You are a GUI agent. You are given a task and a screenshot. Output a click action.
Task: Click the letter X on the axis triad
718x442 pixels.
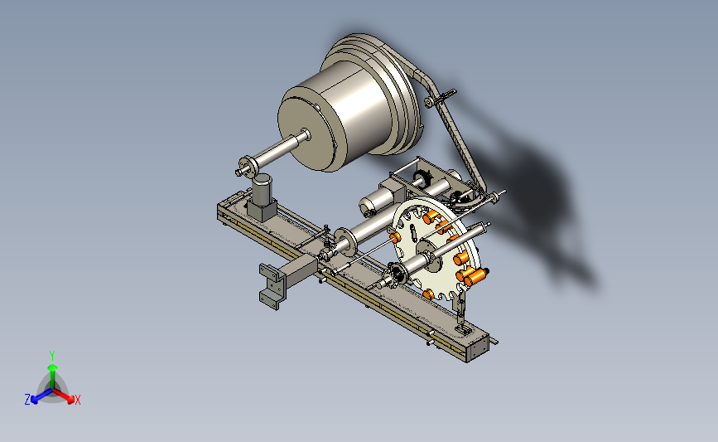[78, 400]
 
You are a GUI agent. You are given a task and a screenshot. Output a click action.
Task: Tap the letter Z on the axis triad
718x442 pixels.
[27, 400]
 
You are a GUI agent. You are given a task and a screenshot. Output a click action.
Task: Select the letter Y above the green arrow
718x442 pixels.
[52, 356]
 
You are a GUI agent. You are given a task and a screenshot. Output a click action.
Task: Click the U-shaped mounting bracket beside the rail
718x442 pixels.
[271, 286]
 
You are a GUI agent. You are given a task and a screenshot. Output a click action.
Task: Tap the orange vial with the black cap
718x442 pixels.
[478, 275]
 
